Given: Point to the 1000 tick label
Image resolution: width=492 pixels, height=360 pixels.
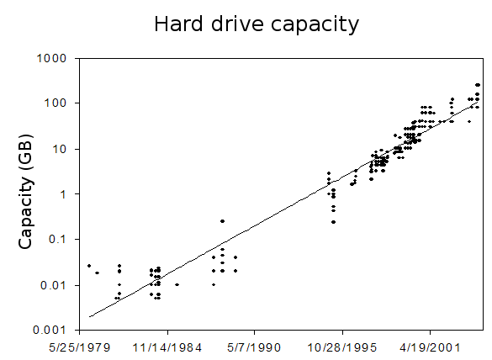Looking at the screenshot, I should point(55,58).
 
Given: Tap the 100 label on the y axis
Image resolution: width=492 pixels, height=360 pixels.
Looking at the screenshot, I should point(58,103).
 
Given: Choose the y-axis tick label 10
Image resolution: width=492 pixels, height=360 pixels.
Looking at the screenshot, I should point(61,149).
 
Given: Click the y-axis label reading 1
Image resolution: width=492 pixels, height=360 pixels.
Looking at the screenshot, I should point(65,194).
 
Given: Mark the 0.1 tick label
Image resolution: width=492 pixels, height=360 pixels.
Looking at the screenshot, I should point(60,240).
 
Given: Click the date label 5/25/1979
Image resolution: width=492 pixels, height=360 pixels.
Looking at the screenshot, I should point(78,346).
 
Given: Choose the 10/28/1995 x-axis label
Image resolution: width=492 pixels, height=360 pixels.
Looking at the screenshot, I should point(340,346).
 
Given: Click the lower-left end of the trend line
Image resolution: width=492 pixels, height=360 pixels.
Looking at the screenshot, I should point(89,317).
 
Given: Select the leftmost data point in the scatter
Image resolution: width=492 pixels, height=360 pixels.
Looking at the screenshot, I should point(89,266).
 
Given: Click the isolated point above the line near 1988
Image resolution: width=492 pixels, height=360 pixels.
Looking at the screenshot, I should point(222,221).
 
